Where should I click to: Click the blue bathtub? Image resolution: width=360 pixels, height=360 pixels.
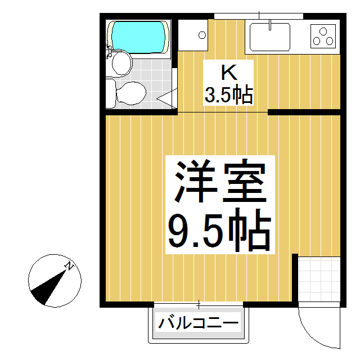tap(139, 37)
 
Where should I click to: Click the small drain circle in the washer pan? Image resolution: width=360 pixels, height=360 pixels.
tap(202, 35)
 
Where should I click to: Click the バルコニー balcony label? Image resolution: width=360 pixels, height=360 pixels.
tap(199, 323)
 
